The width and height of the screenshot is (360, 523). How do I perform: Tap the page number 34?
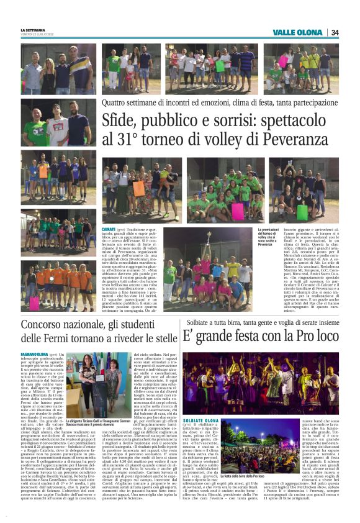point(335,32)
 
